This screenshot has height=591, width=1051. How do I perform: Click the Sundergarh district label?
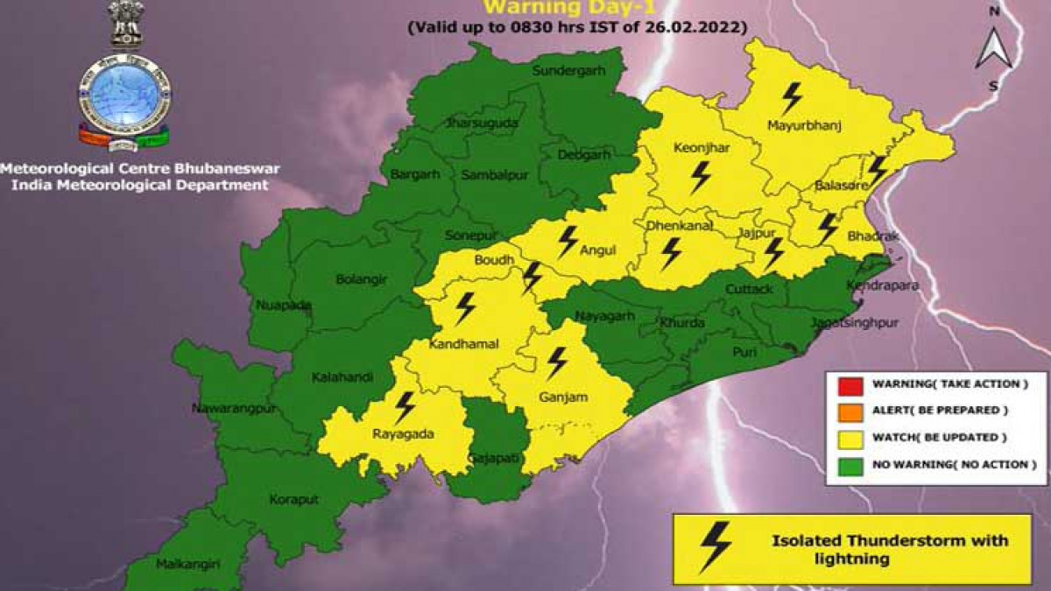[x=569, y=70]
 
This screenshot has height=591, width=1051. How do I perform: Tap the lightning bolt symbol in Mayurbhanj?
[x=793, y=98]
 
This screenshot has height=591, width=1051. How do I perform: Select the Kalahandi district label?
[x=342, y=377]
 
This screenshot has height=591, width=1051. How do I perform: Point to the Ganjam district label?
[x=563, y=398]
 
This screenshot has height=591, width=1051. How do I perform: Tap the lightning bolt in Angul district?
[x=568, y=240]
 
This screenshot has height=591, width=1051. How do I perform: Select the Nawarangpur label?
[x=229, y=409]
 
